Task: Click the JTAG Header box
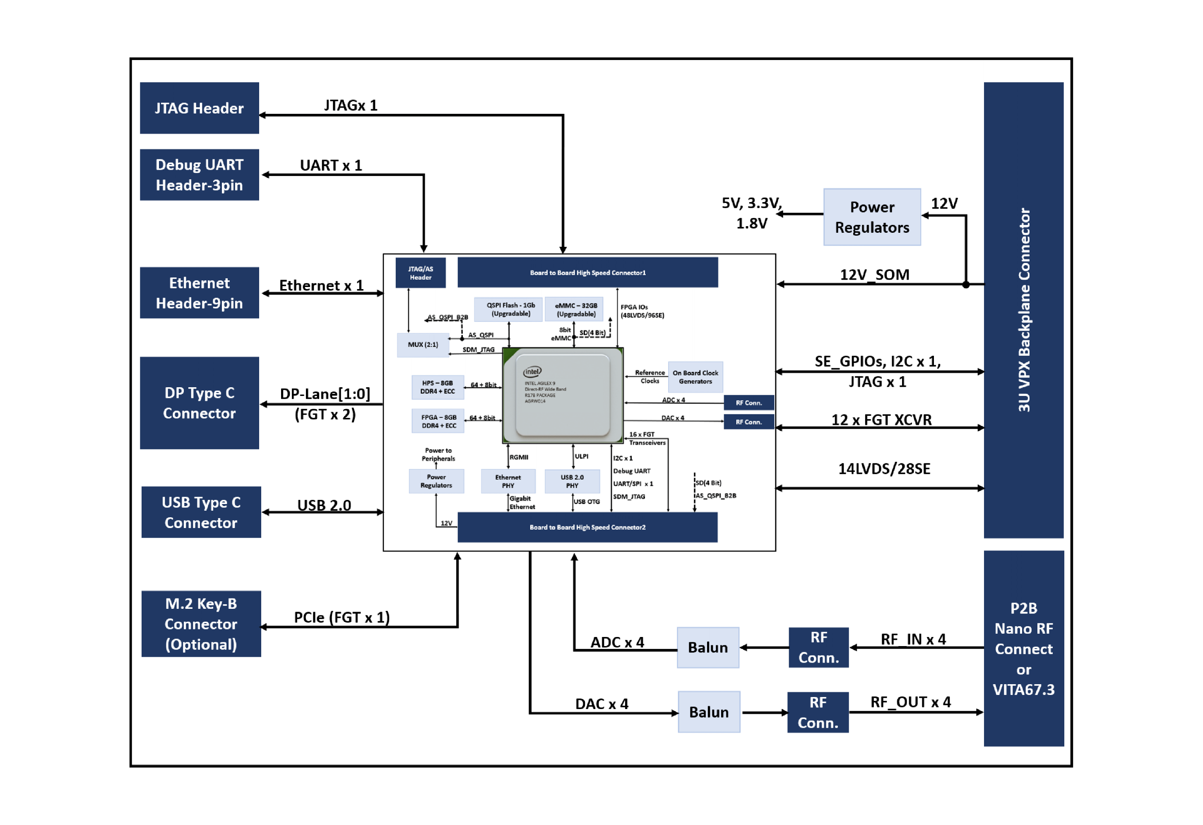199,108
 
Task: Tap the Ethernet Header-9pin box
199,293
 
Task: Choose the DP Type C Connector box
199,403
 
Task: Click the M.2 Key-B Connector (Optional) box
201,624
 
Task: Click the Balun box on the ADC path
707,647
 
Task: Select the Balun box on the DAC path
709,712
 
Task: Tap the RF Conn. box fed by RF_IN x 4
818,647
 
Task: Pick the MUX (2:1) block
423,345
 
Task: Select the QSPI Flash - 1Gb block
510,309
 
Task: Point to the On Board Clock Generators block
695,377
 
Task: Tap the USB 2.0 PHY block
572,481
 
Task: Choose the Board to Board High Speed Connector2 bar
587,527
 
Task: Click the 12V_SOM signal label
874,275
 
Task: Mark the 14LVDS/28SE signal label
884,469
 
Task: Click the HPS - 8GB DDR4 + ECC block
438,387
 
